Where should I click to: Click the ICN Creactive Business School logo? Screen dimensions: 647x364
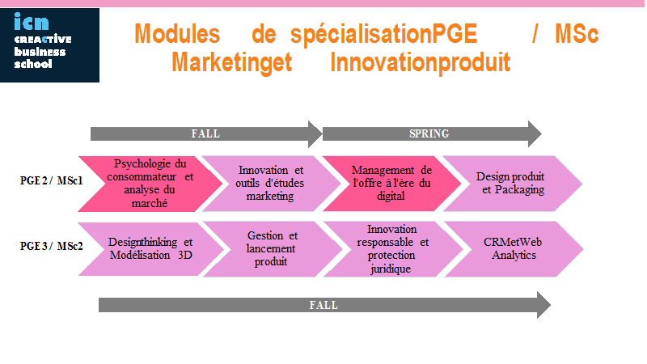tap(49, 45)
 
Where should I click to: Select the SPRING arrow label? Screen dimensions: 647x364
tap(429, 133)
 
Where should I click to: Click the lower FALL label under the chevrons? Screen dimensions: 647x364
tap(324, 305)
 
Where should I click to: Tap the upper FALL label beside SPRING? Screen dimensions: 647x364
tap(205, 133)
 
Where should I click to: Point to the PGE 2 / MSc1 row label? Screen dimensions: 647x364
tap(52, 180)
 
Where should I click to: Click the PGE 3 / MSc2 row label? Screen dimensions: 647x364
tap(52, 246)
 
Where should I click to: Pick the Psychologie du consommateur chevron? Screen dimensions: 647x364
tap(150, 184)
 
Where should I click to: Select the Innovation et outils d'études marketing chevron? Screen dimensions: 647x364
tap(271, 184)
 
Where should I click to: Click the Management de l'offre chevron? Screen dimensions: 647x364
tap(391, 184)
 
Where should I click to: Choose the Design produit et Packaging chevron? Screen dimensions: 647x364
tap(513, 184)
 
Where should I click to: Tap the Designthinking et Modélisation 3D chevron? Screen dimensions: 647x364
tap(151, 249)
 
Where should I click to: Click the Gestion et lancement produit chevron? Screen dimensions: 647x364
tap(272, 249)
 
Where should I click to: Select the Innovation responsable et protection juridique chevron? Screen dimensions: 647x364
tap(392, 249)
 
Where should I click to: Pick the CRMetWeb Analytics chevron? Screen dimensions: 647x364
tap(514, 249)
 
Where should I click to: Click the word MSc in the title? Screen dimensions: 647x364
tap(577, 33)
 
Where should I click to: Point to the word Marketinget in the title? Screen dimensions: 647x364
tap(232, 62)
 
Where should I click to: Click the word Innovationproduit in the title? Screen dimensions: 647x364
tap(421, 62)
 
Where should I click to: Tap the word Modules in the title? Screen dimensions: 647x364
tap(177, 33)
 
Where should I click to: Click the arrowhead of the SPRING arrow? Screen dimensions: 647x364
tap(535, 133)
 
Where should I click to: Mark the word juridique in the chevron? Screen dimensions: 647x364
tap(391, 269)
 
